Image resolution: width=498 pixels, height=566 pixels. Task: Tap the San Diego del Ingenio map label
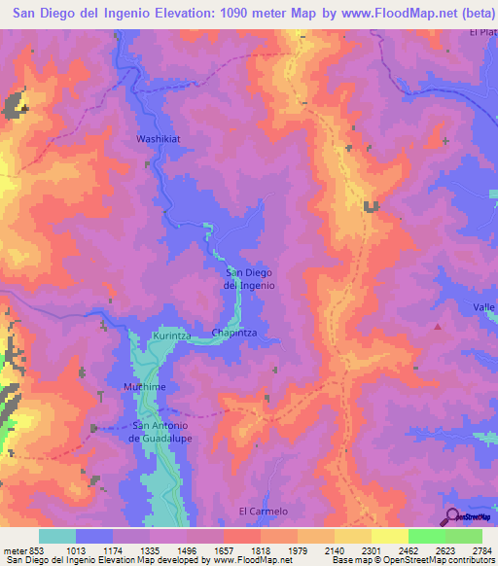tap(250, 279)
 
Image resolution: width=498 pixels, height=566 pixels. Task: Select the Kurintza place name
tap(171, 336)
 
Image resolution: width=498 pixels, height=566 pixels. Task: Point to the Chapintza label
tap(232, 333)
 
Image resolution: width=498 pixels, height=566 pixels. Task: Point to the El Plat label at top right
tap(482, 32)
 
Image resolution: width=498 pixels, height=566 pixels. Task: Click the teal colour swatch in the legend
tap(57, 536)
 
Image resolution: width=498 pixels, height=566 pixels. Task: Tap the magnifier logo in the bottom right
tap(451, 515)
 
